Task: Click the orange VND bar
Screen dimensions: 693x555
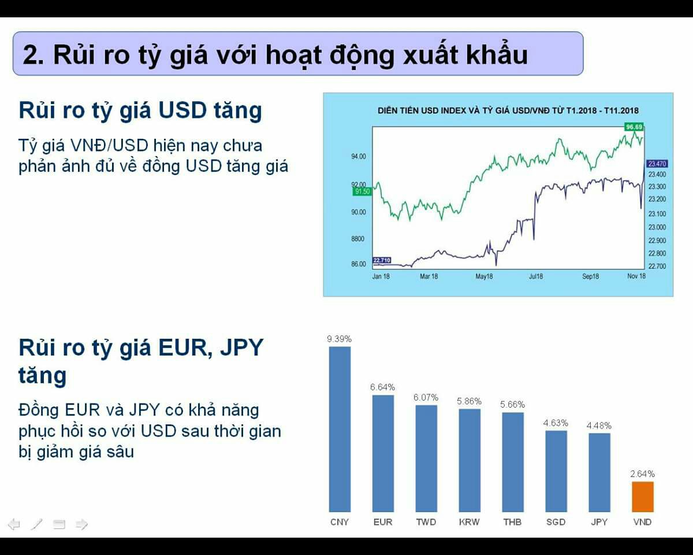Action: pos(643,497)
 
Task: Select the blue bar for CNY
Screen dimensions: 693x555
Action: pos(340,429)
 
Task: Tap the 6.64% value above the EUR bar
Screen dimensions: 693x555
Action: pos(382,387)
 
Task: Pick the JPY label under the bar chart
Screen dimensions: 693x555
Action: pos(599,522)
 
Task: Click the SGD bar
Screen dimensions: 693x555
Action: pos(556,471)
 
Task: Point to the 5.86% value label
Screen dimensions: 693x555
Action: pos(469,401)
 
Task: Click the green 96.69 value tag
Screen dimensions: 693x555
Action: pos(634,127)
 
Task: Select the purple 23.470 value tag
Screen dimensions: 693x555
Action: pos(657,164)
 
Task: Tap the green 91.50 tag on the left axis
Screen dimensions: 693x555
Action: pos(362,191)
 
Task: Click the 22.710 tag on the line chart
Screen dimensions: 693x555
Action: pos(382,260)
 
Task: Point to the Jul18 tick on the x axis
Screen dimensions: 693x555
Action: pos(536,276)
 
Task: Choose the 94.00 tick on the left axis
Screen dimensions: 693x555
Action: pos(359,157)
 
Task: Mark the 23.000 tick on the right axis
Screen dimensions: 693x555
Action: pos(657,227)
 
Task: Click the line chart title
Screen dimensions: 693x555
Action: pos(508,110)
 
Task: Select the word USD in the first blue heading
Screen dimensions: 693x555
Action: pos(182,110)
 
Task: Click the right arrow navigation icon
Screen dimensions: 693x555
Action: pos(82,524)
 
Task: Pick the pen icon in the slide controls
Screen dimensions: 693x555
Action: pos(36,524)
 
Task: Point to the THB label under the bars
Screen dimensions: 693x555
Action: pos(512,522)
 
